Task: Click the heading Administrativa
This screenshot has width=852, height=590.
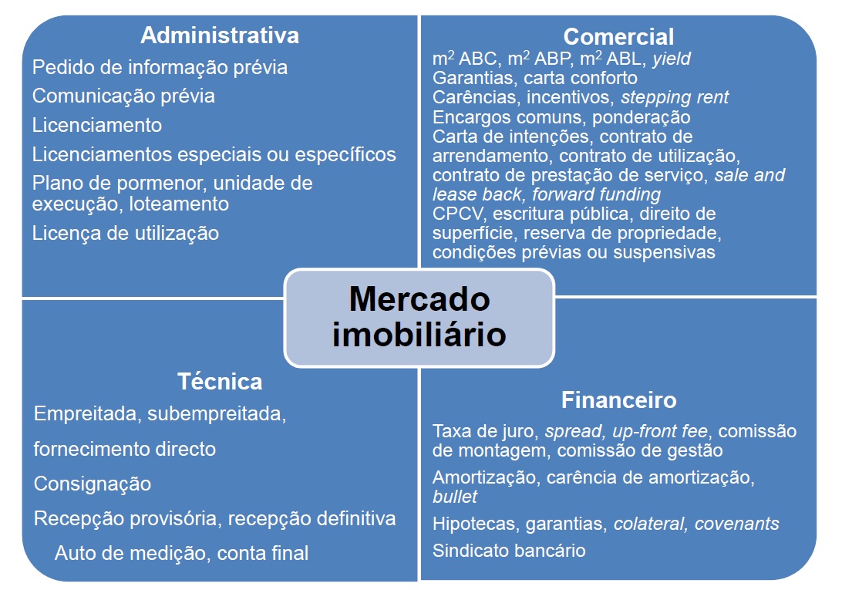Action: point(220,35)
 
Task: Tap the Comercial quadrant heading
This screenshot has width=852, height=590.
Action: point(618,36)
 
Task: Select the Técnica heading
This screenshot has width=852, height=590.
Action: point(220,381)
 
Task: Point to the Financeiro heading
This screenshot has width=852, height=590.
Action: point(618,400)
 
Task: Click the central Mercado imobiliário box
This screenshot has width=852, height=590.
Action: point(419,317)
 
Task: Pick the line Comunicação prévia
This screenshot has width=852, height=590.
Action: point(123,96)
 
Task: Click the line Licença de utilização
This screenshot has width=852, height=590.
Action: point(126,233)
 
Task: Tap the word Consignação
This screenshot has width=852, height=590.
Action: point(93,484)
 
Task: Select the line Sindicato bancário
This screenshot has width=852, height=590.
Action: point(509,551)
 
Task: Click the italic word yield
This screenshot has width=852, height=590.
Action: point(671,59)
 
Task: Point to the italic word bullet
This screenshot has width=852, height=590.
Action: point(455,497)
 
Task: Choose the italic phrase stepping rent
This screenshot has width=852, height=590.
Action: point(675,98)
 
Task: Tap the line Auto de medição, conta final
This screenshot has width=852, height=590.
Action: point(181,553)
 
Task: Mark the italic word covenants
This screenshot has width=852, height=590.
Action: point(736,524)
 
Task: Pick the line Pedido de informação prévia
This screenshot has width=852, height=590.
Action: point(160,68)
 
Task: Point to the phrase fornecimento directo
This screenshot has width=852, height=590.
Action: point(125,449)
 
